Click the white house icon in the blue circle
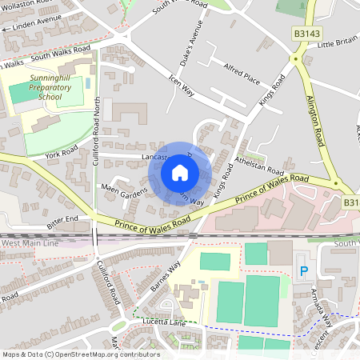(180, 172)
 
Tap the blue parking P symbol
(303, 272)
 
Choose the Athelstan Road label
(260, 166)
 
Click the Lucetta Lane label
(164, 322)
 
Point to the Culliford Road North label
(97, 120)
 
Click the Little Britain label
(338, 42)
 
